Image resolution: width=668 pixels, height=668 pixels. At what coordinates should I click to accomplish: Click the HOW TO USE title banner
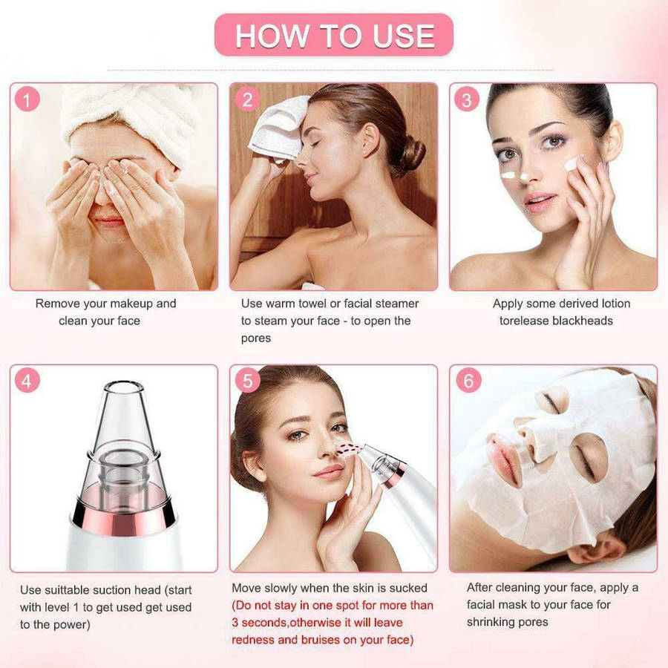tap(334, 35)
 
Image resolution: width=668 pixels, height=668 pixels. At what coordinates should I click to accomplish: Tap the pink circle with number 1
tap(27, 99)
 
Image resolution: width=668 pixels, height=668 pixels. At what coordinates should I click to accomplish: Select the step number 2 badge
tap(247, 99)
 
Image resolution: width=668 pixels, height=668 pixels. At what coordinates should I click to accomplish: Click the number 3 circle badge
tap(467, 99)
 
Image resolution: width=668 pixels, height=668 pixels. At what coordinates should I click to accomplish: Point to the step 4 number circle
tap(27, 381)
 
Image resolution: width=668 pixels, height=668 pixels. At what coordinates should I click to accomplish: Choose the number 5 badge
tap(247, 381)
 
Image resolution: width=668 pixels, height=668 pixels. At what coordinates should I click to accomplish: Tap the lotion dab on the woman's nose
tap(524, 176)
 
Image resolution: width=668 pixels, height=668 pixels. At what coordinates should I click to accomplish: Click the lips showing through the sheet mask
tap(505, 456)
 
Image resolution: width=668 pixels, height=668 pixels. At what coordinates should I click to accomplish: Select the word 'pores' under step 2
tap(256, 338)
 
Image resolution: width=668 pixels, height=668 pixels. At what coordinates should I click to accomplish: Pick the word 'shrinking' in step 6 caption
tap(492, 621)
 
